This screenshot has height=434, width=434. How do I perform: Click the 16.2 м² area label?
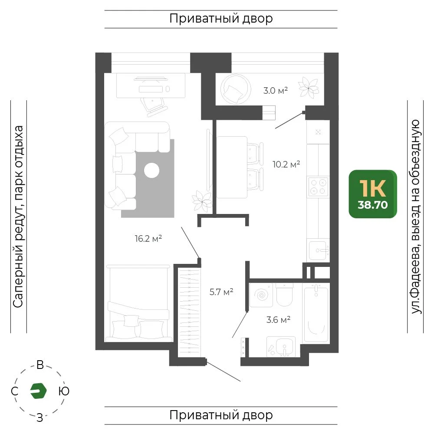pos(148,238)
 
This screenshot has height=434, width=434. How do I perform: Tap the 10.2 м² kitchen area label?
pos(286,164)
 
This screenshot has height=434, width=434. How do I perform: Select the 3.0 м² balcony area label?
pos(276,91)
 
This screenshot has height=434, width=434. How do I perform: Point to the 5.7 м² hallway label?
pos(221,292)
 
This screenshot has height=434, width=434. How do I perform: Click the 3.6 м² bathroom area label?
pos(278,320)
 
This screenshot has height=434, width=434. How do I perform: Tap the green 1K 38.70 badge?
pos(373,194)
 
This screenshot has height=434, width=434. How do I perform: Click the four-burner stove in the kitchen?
pos(318,187)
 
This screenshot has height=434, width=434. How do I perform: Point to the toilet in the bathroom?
pos(284,295)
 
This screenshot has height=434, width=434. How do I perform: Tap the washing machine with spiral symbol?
pos(261,295)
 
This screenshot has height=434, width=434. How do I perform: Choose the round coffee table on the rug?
pos(151,170)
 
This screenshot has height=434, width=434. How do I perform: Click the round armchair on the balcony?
pos(236,89)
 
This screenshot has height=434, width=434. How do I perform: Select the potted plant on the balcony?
pos(309,88)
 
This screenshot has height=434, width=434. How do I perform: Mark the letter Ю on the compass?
pos(64,391)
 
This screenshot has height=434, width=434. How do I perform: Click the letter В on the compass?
pos(40,365)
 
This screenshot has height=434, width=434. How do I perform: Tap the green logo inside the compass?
pos(38,391)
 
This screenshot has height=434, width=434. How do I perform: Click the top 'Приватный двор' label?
pos(221,19)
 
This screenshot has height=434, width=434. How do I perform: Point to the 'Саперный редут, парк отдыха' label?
pos(18,217)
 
